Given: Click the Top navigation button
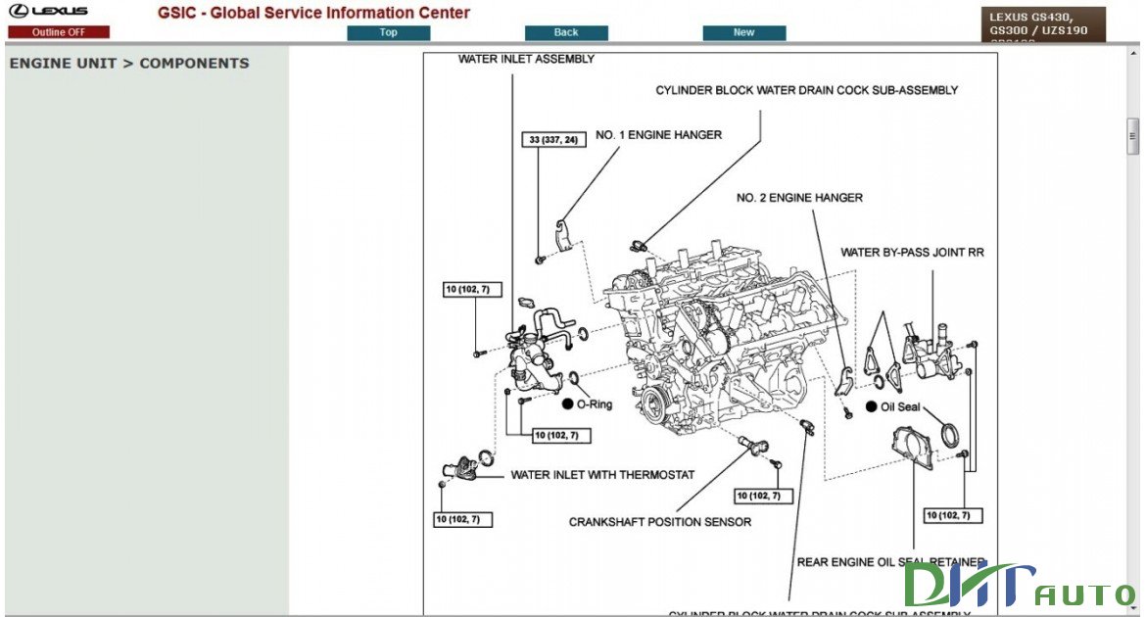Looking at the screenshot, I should click(389, 32).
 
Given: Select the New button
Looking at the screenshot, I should click(743, 32).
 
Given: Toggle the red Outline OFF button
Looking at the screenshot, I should click(59, 32).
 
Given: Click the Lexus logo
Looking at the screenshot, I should click(49, 12).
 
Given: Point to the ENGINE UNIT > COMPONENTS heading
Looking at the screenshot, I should click(129, 64).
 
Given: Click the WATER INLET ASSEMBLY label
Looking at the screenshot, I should click(526, 59).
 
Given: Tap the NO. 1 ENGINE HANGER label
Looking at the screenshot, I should click(658, 135).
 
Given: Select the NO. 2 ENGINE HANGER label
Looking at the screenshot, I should click(799, 198).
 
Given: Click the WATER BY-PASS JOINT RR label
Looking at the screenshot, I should click(912, 253).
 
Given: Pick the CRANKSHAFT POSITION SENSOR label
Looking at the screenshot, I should click(660, 522).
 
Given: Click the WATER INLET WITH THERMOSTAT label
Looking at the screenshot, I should click(602, 475).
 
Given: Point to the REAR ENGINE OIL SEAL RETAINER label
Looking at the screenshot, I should click(890, 562).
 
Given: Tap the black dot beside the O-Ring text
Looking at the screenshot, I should click(567, 403).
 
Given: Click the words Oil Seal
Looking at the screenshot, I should click(900, 406).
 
